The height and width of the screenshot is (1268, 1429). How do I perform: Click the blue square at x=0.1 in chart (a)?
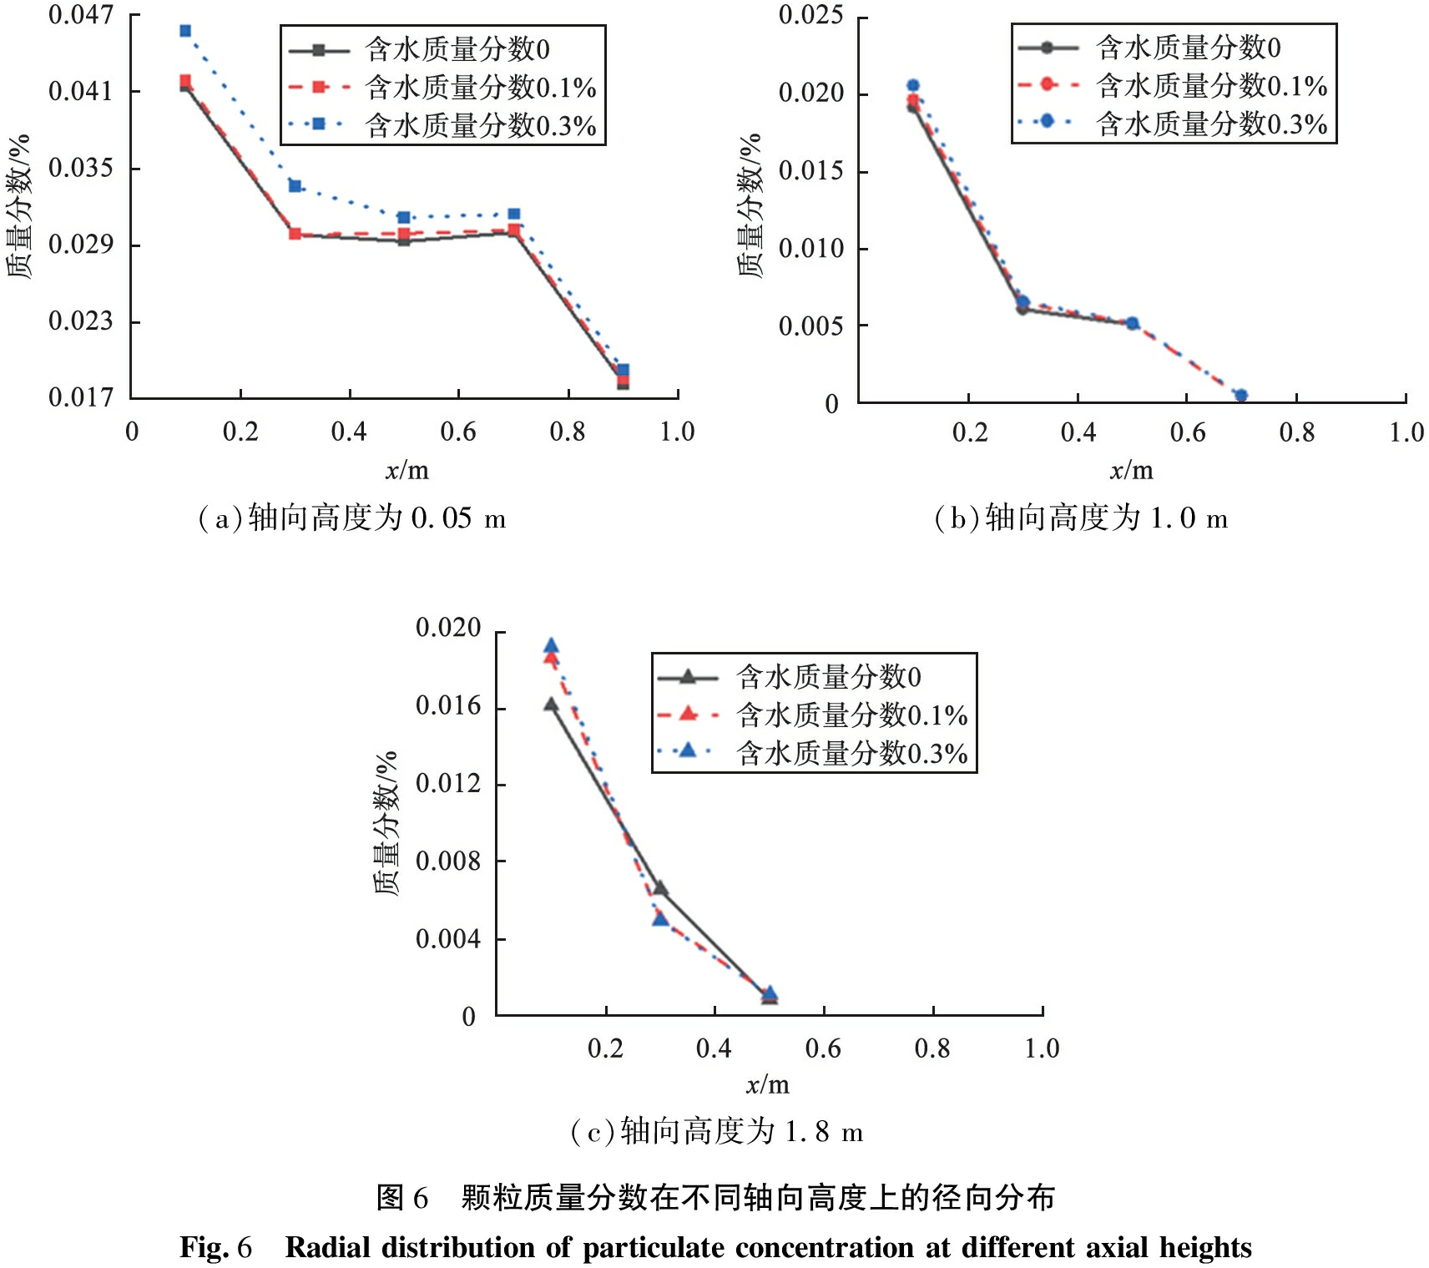point(185,31)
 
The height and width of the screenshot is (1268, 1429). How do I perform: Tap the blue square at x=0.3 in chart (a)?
point(295,185)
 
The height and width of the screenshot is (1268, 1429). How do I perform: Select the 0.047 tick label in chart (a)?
point(80,15)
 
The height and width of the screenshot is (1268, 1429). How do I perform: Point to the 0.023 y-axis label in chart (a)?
point(80,321)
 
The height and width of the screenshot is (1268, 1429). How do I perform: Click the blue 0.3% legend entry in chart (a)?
point(442,125)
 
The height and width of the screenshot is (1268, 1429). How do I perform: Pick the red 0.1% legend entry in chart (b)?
point(1173,85)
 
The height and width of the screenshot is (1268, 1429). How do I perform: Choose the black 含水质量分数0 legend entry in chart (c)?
point(790,676)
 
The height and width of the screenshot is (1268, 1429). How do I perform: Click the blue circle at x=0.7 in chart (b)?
point(1240,395)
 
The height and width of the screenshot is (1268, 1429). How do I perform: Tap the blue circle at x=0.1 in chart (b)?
point(913,85)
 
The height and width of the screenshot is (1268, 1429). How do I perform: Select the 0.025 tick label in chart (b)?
point(810,15)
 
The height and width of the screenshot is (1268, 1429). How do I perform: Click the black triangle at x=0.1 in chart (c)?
point(551,705)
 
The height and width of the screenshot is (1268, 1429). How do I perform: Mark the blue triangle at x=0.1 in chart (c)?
point(551,645)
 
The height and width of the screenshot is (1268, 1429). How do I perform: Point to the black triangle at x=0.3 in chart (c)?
point(660,888)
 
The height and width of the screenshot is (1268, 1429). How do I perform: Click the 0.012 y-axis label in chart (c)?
point(448,783)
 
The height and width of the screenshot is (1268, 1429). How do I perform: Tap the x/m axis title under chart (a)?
point(406,471)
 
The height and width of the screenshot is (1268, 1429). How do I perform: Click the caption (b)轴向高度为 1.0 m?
point(1080,518)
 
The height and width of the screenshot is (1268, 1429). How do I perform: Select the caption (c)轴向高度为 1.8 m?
point(716,1132)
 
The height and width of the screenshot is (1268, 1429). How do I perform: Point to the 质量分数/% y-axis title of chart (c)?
point(386,823)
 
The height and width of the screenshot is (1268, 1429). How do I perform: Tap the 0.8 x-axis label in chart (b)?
point(1296,432)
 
